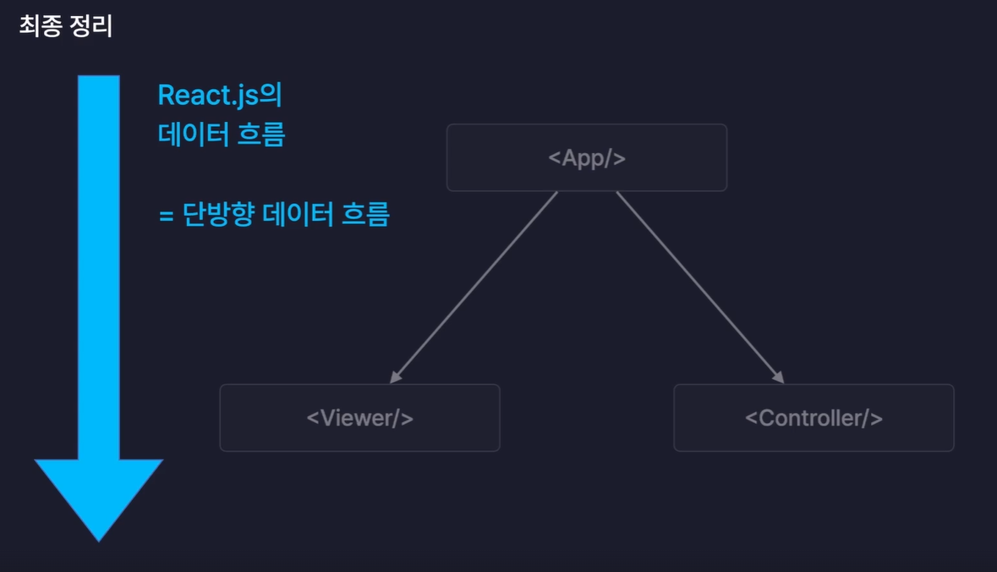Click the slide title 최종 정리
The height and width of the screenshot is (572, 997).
tap(66, 26)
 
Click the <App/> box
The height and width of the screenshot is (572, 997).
tap(586, 158)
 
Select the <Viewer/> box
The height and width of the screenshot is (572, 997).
tap(359, 418)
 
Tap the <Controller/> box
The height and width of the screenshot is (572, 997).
tap(813, 418)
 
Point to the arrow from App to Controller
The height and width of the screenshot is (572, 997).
tap(698, 285)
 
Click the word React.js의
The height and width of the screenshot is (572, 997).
tap(219, 96)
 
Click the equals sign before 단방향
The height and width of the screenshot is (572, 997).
tap(166, 216)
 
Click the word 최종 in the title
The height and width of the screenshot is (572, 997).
tap(39, 26)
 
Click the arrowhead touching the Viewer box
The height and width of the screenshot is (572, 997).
tap(396, 377)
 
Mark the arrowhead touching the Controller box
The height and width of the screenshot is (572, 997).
tap(777, 377)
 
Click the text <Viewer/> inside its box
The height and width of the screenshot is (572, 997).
tap(359, 418)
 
